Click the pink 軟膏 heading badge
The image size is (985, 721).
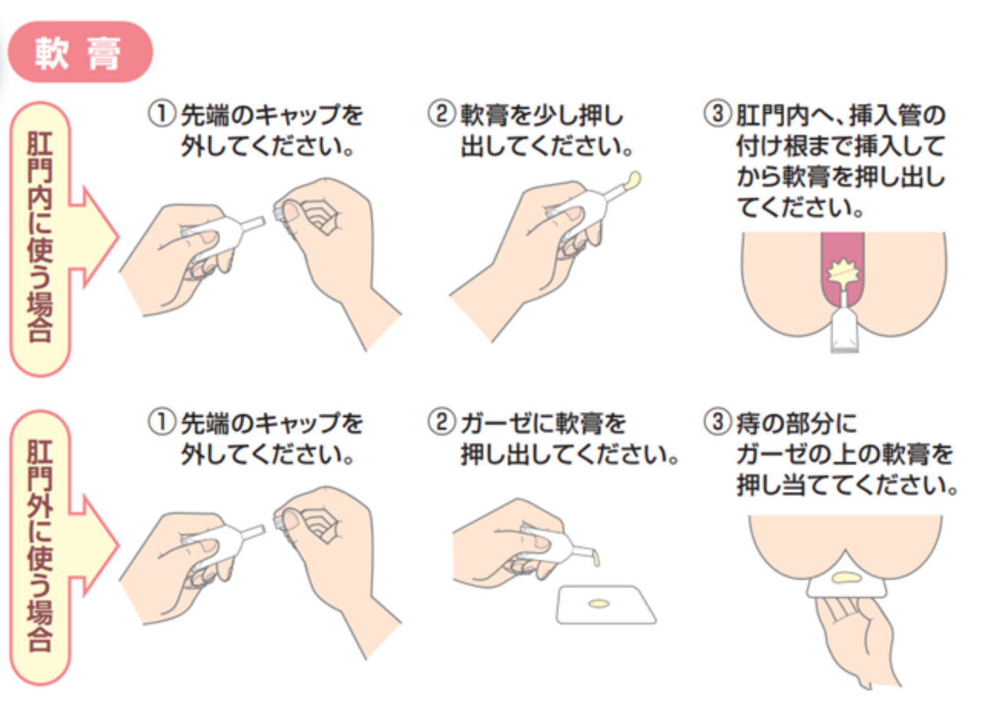[80, 52]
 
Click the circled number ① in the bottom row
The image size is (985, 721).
[161, 423]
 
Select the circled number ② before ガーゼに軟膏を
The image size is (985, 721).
[441, 423]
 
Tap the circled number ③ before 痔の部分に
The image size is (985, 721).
[717, 423]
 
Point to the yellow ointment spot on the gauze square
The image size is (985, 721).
[598, 604]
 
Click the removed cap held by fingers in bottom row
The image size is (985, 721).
[280, 519]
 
